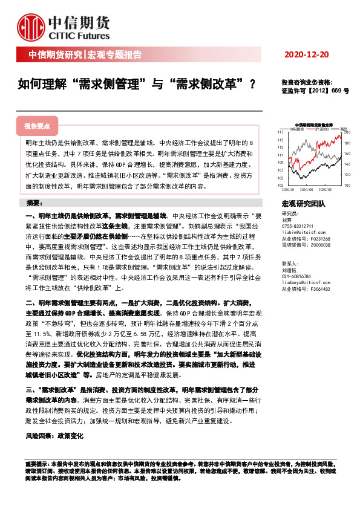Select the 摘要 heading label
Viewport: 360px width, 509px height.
[x=36, y=202]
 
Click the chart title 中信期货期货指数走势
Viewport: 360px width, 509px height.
[x=314, y=124]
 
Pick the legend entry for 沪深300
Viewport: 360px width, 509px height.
[x=323, y=129]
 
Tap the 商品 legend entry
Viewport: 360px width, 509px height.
[x=344, y=129]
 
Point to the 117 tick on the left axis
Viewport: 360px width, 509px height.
[x=280, y=132]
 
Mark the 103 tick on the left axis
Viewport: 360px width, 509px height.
[x=280, y=185]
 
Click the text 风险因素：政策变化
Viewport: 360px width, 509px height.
[x=55, y=435]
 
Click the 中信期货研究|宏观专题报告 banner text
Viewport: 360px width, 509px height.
[x=85, y=55]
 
